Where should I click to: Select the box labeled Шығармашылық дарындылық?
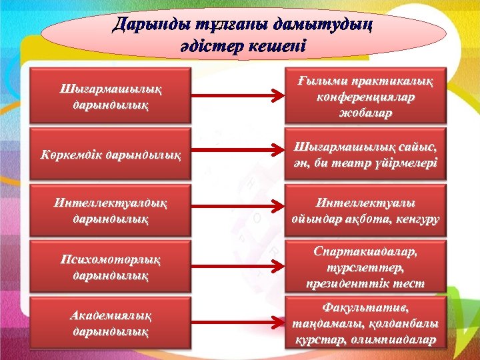(111, 96)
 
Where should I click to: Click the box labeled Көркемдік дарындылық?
(111, 155)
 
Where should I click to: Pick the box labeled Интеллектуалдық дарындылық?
(111, 210)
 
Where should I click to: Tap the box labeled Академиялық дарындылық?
(111, 323)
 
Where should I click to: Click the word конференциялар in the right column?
(365, 97)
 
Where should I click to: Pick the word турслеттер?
(365, 268)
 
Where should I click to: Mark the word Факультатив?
(365, 307)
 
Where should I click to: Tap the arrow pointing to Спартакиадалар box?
(238, 267)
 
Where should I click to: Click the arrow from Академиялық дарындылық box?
(238, 324)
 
